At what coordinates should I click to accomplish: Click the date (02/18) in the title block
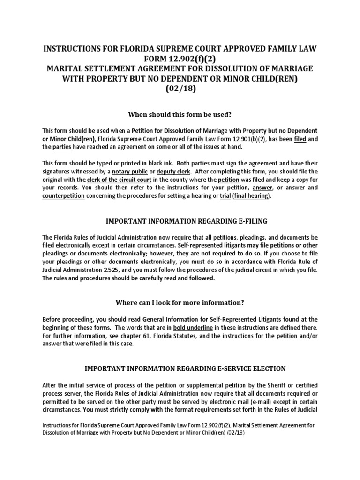[180, 89]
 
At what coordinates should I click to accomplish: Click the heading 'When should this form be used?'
[180, 115]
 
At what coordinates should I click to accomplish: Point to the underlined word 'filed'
[300, 139]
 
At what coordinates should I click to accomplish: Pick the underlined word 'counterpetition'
[63, 196]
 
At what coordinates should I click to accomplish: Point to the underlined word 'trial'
[225, 196]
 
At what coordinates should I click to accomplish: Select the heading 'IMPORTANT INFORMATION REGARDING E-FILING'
[180, 221]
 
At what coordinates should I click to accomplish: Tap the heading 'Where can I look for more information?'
[180, 302]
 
